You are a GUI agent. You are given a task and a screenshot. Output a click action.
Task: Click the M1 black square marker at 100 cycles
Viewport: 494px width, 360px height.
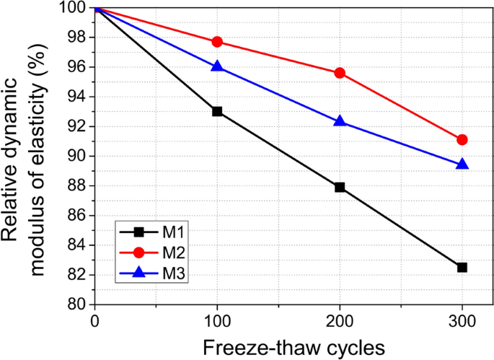[x=217, y=111]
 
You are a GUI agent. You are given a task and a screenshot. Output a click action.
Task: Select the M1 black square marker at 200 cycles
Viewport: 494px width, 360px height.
[x=340, y=187]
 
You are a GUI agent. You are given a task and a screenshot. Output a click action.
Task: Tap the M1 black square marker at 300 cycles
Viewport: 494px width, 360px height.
[x=462, y=267]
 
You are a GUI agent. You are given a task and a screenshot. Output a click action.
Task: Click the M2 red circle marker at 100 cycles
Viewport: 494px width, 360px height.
[x=217, y=41]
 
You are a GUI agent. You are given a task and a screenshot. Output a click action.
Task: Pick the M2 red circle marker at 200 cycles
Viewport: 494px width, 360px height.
[x=340, y=73]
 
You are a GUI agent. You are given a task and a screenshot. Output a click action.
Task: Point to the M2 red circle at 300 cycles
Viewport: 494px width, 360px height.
[x=462, y=139]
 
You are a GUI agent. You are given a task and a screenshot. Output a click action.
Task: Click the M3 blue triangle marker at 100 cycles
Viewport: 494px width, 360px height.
[x=217, y=66]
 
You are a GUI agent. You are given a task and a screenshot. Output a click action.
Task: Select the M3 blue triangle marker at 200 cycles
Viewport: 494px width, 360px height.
[x=340, y=121]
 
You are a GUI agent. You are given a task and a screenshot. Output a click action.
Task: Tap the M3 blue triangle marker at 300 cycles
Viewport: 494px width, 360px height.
[x=462, y=164]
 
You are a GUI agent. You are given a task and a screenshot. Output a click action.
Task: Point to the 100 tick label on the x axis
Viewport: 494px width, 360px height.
[x=217, y=320]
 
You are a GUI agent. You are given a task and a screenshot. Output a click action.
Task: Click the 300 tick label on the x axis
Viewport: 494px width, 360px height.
[x=462, y=320]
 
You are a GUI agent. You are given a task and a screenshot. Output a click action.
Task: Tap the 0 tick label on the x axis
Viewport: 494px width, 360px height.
[x=95, y=320]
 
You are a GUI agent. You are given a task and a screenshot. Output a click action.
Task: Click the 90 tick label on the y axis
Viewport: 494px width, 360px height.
[x=76, y=156]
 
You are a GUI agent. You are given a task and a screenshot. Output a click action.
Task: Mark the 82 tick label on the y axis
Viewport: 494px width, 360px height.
[x=76, y=275]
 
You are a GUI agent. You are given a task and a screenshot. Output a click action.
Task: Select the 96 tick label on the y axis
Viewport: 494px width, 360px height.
[x=76, y=67]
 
